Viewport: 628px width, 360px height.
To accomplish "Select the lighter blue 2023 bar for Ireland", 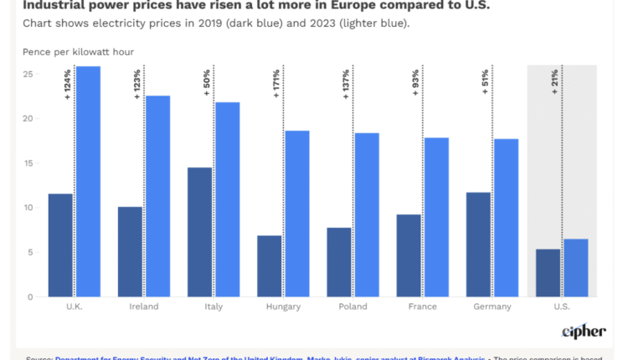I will coord(157,196).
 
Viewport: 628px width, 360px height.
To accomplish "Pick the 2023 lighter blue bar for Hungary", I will coord(297,213).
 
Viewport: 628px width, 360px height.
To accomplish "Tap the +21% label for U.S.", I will coord(555,83).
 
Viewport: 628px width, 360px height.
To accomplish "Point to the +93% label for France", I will coord(416,84).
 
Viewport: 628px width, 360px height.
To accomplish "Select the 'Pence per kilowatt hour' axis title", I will coord(78,52).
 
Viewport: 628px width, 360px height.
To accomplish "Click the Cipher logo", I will coord(584,332).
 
